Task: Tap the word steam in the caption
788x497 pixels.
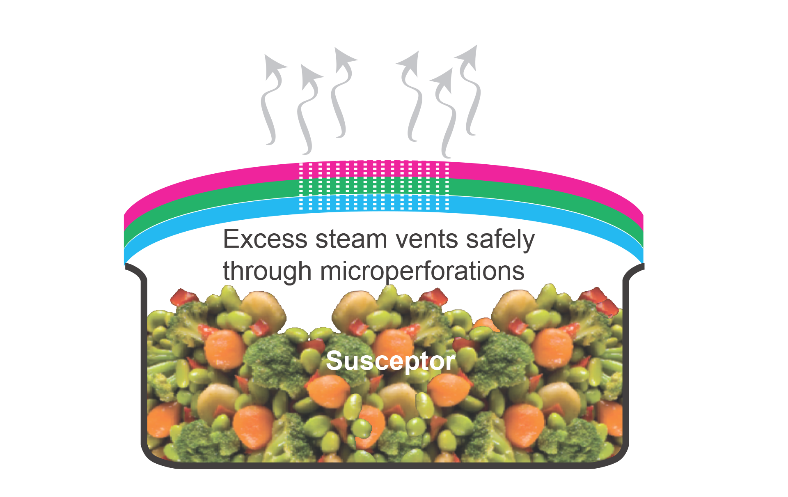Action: (351, 239)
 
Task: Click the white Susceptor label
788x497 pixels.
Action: (390, 361)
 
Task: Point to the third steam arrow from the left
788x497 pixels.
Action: (343, 92)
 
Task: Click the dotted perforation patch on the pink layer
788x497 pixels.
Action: (374, 170)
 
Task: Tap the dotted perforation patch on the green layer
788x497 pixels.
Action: (374, 187)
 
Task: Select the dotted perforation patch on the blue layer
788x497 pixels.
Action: (374, 203)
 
